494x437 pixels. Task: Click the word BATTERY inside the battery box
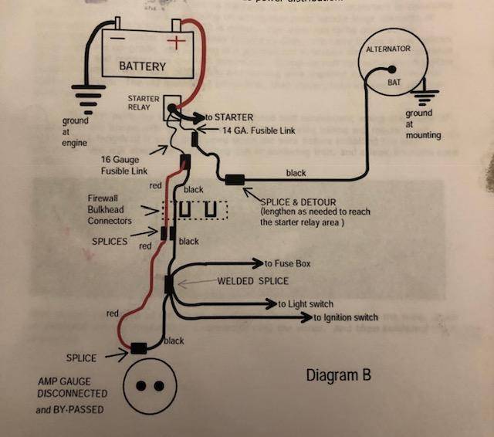142,66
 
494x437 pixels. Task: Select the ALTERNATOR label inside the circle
388,49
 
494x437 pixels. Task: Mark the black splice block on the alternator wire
234,181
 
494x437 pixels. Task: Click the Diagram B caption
339,375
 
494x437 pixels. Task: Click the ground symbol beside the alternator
424,98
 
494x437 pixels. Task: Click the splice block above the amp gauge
140,347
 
